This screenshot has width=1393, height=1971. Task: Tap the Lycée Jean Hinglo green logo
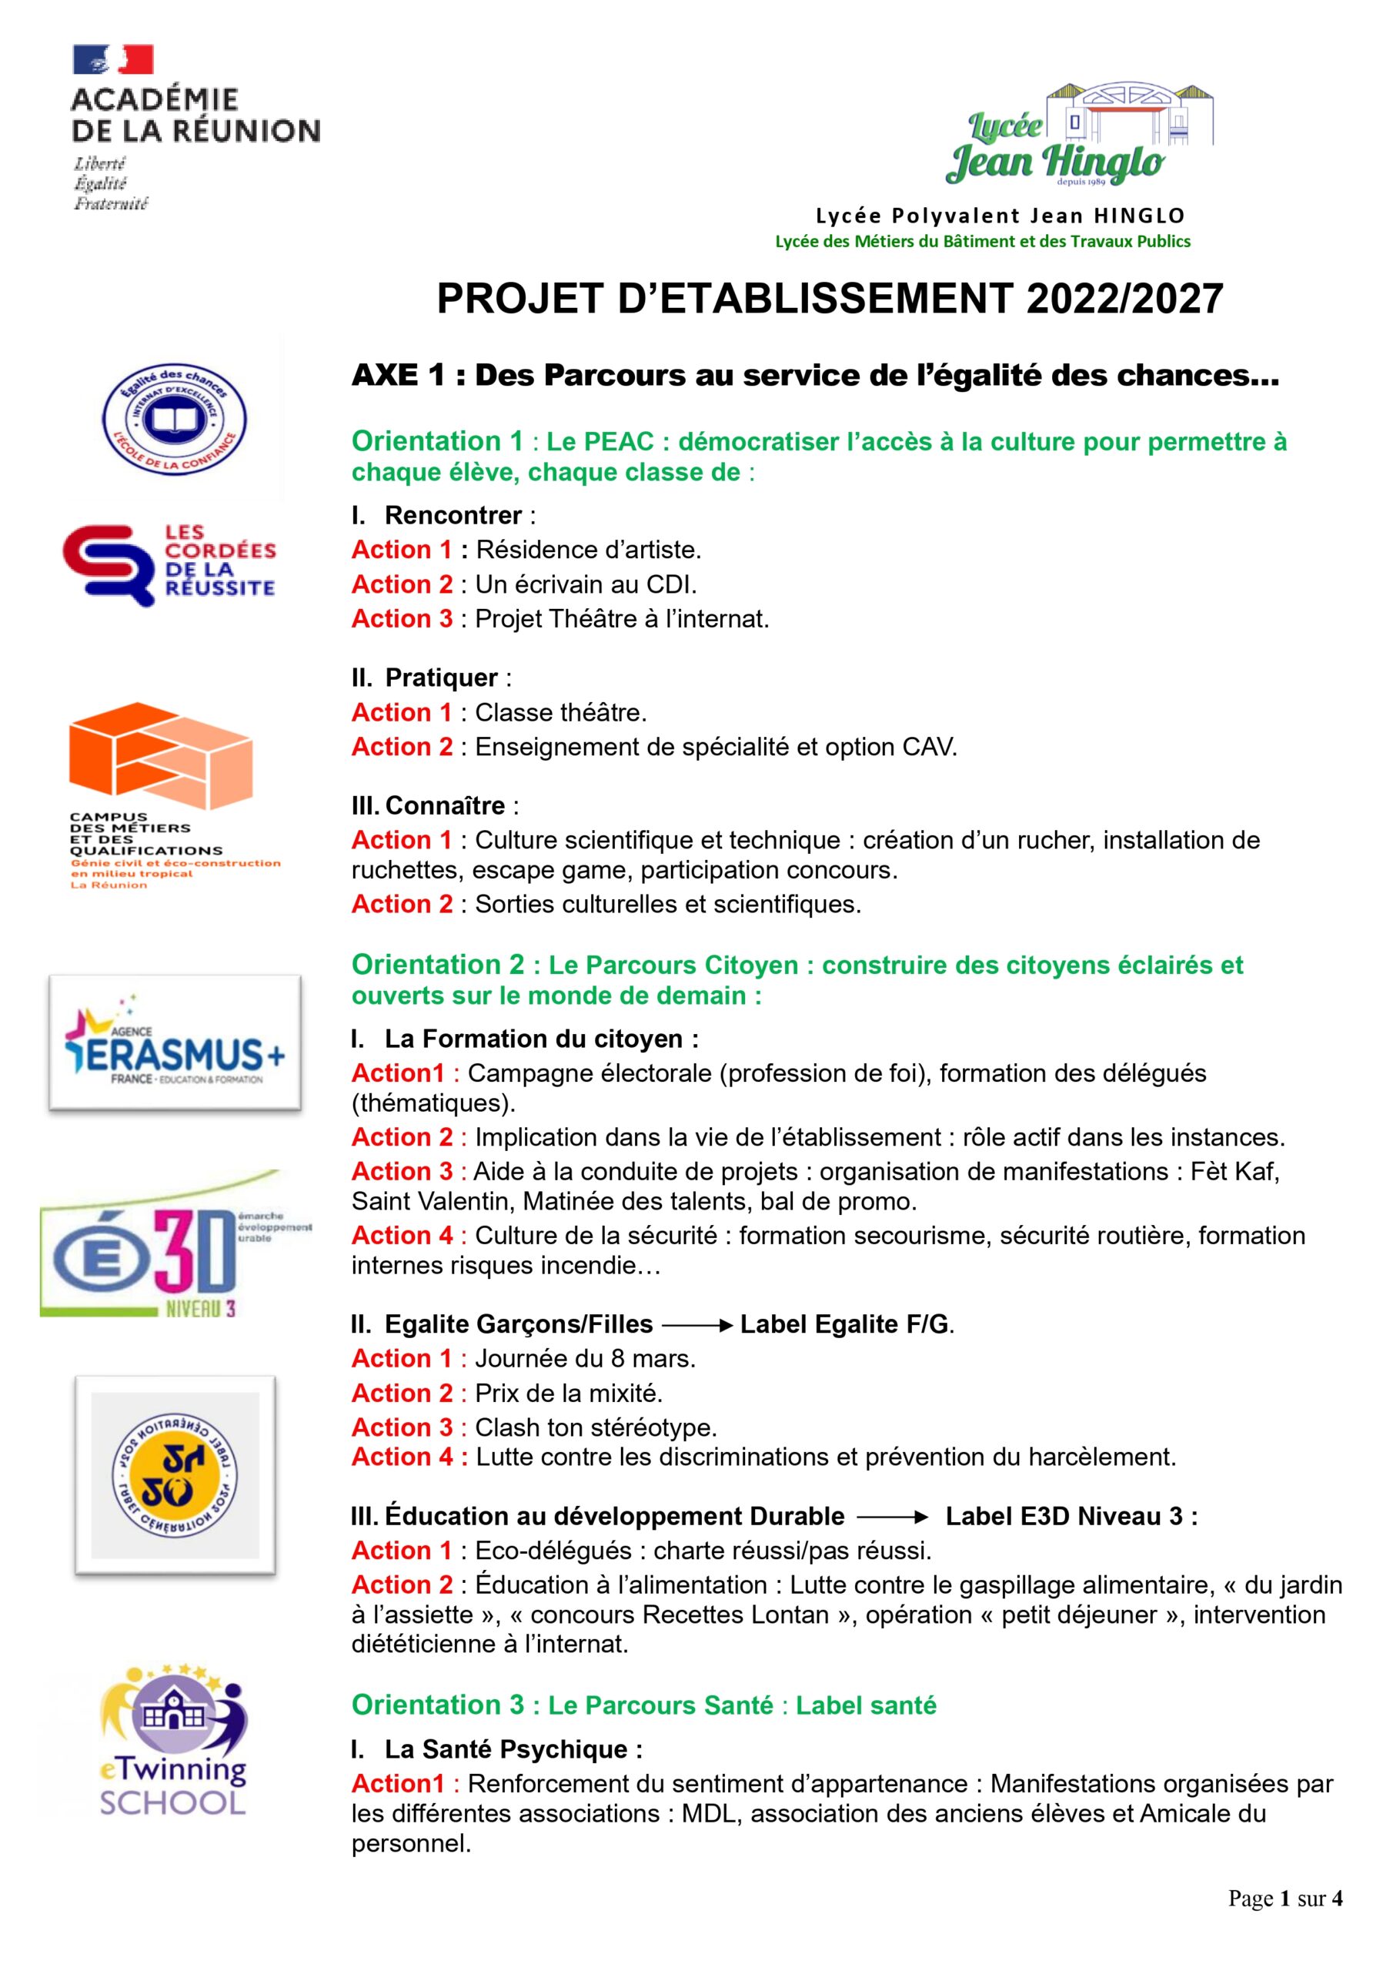coord(1080,136)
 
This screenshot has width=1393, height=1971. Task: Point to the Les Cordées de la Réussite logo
coord(169,564)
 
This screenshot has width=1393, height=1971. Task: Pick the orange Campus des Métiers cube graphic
coord(161,755)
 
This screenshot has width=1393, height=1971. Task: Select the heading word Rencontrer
coord(453,515)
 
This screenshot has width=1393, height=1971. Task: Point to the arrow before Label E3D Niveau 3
coord(892,1517)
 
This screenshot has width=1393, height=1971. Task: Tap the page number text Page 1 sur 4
coord(1284,1898)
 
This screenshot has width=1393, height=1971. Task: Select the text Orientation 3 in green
coord(437,1705)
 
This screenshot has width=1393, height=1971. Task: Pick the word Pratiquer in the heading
coord(440,678)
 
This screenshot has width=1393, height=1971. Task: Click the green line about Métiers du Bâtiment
coord(982,241)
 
